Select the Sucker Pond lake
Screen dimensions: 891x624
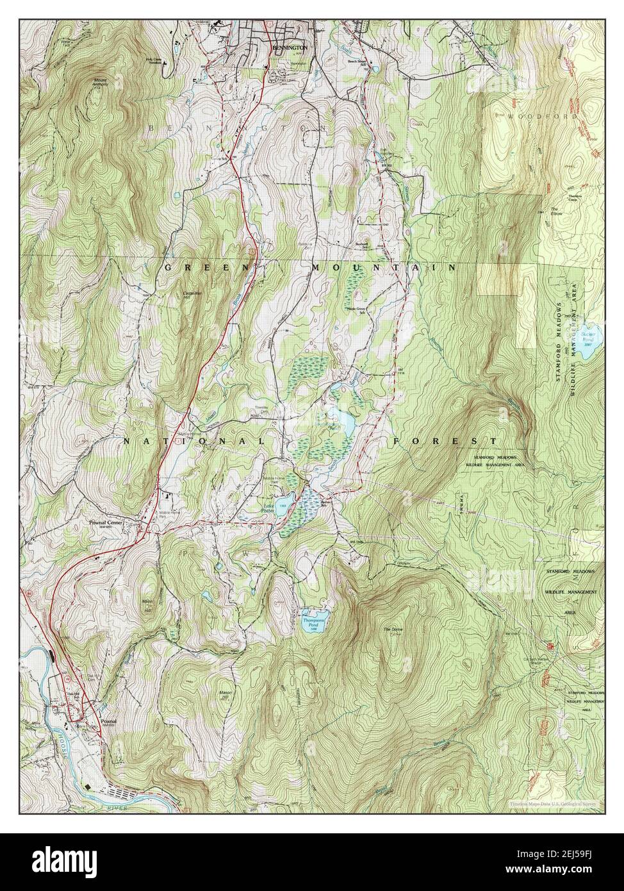coord(590,335)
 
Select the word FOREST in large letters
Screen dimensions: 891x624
coord(445,441)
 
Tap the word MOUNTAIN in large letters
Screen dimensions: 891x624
coord(384,267)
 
